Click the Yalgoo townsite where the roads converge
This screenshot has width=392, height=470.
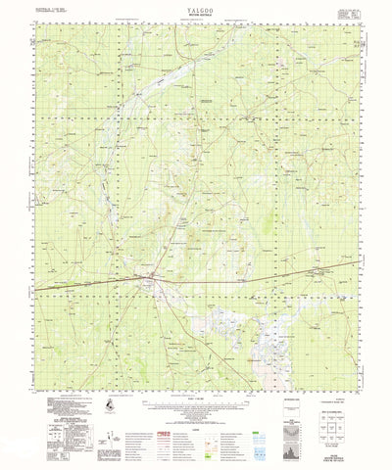tap(148, 284)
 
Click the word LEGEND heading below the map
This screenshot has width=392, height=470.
tap(196, 413)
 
